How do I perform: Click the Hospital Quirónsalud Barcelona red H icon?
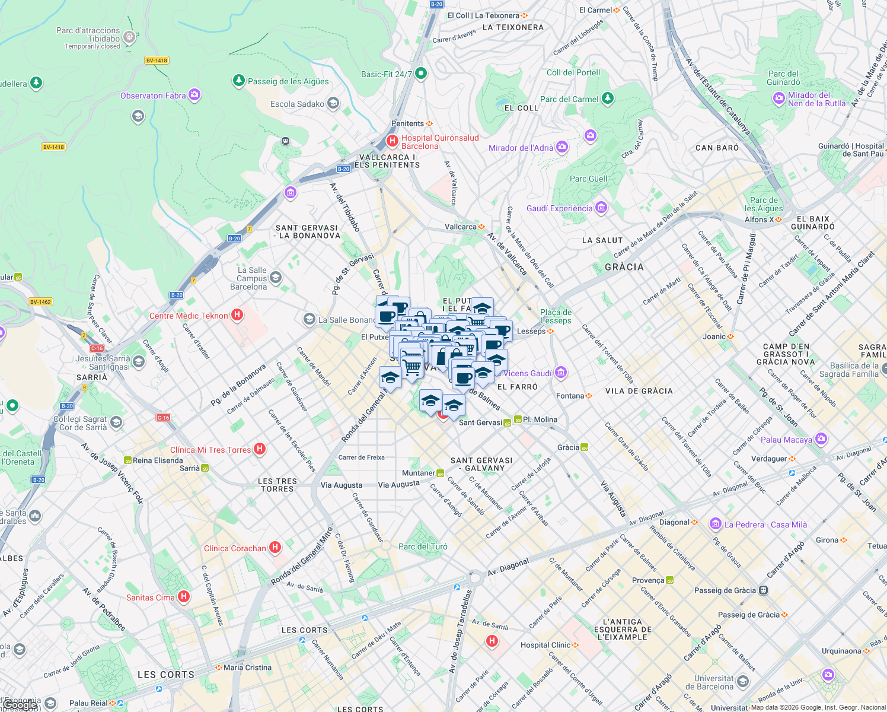[x=392, y=141]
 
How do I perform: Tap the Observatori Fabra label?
[x=153, y=96]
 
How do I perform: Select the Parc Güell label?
[x=588, y=179]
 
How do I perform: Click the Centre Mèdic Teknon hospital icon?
[x=237, y=315]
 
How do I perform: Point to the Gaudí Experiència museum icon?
[x=601, y=208]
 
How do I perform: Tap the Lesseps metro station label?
[x=531, y=331]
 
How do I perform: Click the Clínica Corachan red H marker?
[x=275, y=548]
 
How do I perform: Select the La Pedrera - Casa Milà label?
[x=765, y=525]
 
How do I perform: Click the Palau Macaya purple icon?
[x=821, y=439]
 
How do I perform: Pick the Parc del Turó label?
[x=423, y=546]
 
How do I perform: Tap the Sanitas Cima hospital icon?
[x=184, y=597]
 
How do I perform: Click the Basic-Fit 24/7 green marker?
[x=421, y=74]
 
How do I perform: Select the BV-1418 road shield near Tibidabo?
[x=157, y=61]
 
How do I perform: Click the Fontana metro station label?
[x=570, y=396]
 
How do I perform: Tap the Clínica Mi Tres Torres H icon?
[x=260, y=449]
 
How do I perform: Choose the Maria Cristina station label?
[x=247, y=667]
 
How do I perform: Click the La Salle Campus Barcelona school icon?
[x=276, y=278]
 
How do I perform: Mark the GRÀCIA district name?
[x=624, y=267]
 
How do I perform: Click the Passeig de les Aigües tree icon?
[x=239, y=81]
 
